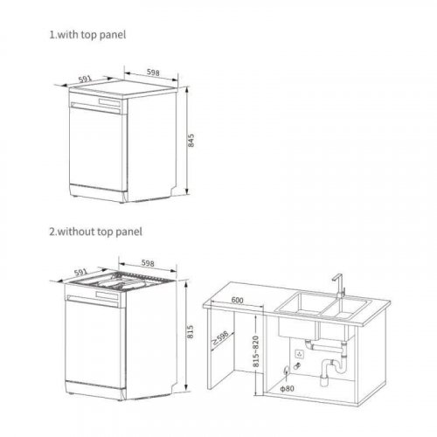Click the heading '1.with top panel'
point(87,35)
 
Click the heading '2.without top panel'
point(95,232)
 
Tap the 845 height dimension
point(191,140)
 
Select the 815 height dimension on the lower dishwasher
point(190,331)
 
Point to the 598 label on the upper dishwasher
point(153,72)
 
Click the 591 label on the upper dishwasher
point(85,79)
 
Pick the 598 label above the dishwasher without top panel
point(148,263)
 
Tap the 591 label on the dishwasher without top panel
point(80,273)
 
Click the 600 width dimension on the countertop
point(237,300)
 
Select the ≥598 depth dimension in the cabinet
point(220,338)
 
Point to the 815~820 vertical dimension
point(255,351)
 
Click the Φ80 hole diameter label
point(287,388)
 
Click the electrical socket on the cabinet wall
point(299,354)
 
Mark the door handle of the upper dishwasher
point(95,108)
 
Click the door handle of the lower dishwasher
point(93,302)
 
